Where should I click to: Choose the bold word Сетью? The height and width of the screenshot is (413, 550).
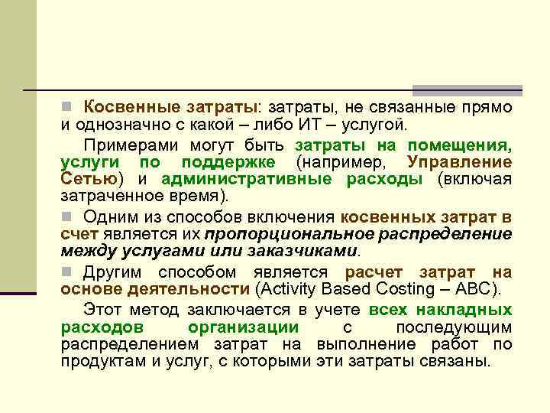point(88,179)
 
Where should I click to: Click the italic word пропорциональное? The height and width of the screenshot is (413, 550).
point(293,234)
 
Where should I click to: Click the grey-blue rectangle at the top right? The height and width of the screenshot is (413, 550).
point(467,89)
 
